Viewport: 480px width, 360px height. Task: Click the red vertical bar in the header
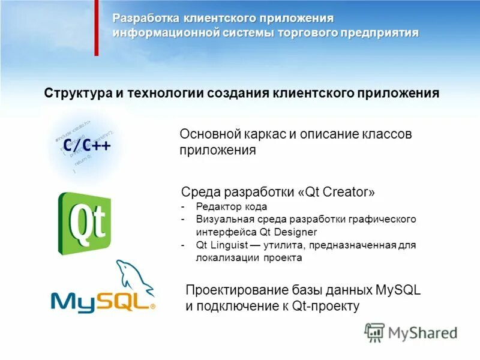point(96,28)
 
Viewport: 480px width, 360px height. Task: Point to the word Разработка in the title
point(144,19)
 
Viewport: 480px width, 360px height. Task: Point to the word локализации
point(227,258)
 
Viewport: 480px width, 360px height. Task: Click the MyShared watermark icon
point(375,332)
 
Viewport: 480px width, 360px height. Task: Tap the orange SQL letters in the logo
point(123,299)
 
